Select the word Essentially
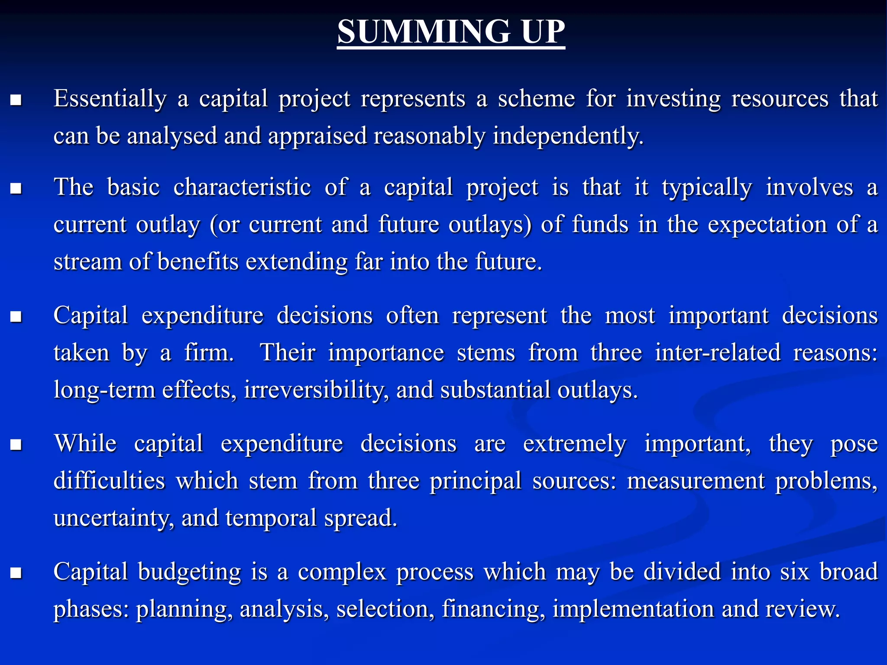[x=110, y=99]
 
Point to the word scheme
[x=537, y=98]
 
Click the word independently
[x=568, y=136]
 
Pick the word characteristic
[x=242, y=187]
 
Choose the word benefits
[x=198, y=262]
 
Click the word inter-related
[x=718, y=352]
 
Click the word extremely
[x=574, y=444]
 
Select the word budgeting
[x=189, y=572]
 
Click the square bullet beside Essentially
[x=16, y=100]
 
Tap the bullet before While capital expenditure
[x=16, y=445]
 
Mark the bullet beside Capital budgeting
[x=16, y=573]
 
